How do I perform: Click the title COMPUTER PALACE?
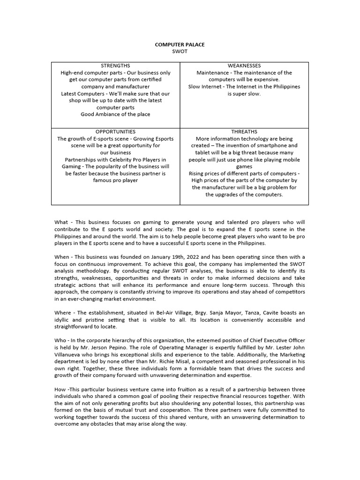[x=180, y=45]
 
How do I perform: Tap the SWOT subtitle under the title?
[x=180, y=52]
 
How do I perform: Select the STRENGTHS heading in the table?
[x=115, y=66]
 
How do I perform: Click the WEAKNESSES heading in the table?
[x=244, y=66]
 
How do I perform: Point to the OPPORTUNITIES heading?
[x=115, y=132]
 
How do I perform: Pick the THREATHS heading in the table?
[x=244, y=132]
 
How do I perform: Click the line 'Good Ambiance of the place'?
[x=115, y=114]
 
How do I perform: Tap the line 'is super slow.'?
[x=244, y=94]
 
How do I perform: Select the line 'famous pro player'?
[x=115, y=180]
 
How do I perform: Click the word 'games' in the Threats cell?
[x=244, y=166]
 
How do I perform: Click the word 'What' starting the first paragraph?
[x=61, y=222]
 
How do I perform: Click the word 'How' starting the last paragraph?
[x=60, y=390]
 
